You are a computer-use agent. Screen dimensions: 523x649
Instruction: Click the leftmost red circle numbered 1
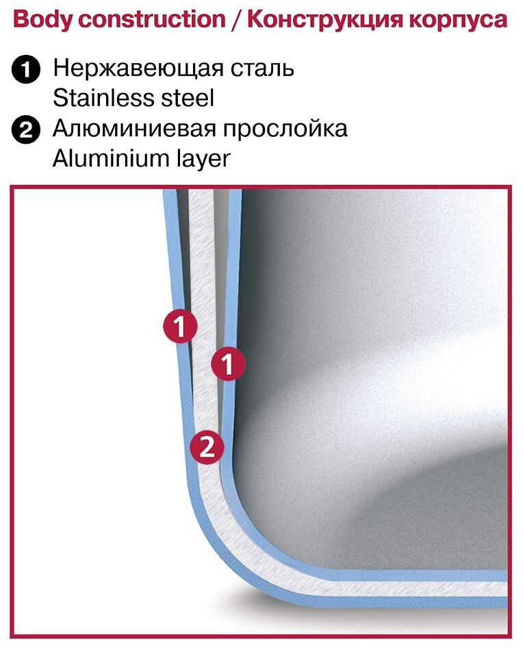click(180, 327)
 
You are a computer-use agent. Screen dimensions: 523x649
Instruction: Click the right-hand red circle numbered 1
click(228, 364)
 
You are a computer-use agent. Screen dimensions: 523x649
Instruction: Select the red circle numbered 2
click(207, 448)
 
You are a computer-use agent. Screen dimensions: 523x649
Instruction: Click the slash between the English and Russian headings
click(236, 19)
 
